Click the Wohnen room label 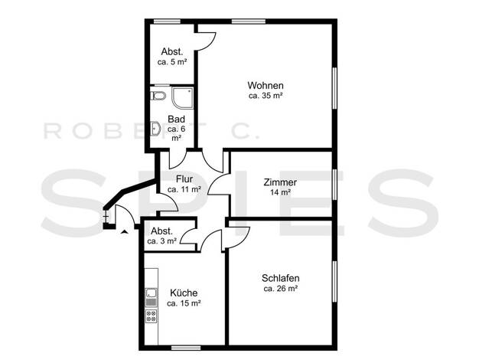(x=266, y=85)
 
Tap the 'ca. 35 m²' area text (x=266, y=96)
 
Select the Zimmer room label (x=280, y=182)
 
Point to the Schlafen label (x=280, y=278)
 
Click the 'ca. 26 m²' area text (x=281, y=289)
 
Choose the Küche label (x=184, y=293)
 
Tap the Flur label (x=184, y=178)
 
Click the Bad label (x=176, y=119)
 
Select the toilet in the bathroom (x=158, y=96)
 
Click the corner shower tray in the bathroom (x=183, y=97)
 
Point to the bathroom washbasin (x=155, y=129)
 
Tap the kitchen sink (x=152, y=293)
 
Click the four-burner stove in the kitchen (x=152, y=316)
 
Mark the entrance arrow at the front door (x=124, y=231)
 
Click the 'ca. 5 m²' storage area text (x=172, y=62)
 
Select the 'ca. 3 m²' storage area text (x=162, y=241)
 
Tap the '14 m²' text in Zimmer (x=280, y=192)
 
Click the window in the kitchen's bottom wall (x=186, y=348)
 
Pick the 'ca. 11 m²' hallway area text (x=184, y=189)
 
